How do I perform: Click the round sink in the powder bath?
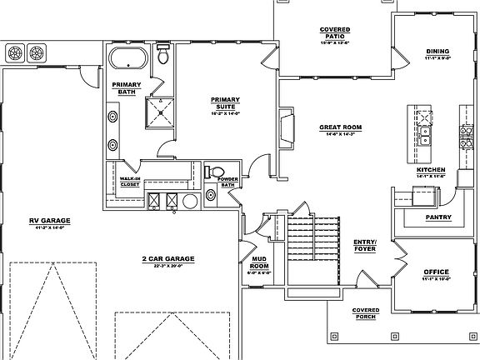pyautogui.click(x=211, y=195)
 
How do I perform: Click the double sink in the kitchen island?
pyautogui.click(x=425, y=134)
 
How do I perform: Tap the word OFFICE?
pyautogui.click(x=437, y=272)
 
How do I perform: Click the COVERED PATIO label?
pyautogui.click(x=334, y=33)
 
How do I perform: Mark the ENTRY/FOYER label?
pyautogui.click(x=365, y=244)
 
